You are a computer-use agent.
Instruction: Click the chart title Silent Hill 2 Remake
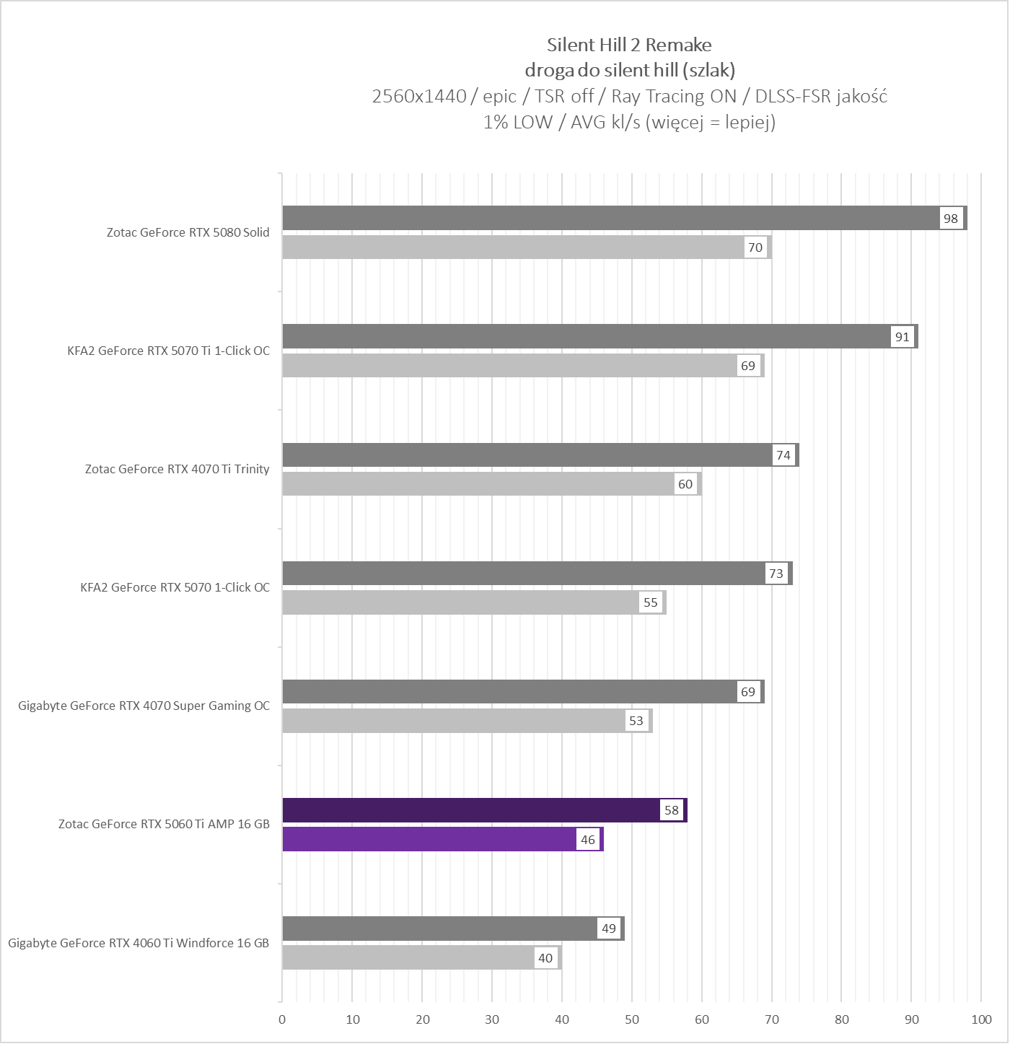[x=629, y=45]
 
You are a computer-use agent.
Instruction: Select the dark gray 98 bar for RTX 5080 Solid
[x=610, y=218]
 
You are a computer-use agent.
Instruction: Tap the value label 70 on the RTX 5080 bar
[x=755, y=247]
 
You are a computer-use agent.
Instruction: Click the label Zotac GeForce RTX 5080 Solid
[x=188, y=232]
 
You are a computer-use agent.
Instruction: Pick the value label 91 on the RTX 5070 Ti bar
[x=902, y=337]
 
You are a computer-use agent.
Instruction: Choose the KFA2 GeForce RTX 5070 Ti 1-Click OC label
[x=169, y=351]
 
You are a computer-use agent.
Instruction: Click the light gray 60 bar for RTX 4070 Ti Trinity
[x=476, y=484]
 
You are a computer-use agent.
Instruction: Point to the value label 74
[x=783, y=455]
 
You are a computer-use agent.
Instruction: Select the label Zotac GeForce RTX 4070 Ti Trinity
[x=177, y=469]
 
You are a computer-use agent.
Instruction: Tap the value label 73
[x=776, y=574]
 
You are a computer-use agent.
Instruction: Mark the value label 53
[x=636, y=721]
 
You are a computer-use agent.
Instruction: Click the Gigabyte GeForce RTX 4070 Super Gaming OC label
[x=144, y=706]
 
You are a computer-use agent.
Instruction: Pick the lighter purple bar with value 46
[x=429, y=839]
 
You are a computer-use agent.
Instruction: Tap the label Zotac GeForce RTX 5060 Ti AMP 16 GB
[x=164, y=824]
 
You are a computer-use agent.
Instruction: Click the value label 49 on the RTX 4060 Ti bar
[x=609, y=929]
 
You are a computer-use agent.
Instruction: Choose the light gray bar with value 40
[x=408, y=957]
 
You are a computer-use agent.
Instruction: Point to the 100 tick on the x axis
[x=981, y=1019]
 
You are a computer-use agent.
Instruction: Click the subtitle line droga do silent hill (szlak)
[x=629, y=70]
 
